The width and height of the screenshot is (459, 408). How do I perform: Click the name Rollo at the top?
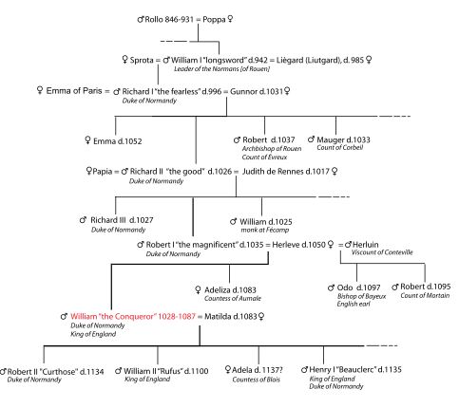pyautogui.click(x=155, y=20)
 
